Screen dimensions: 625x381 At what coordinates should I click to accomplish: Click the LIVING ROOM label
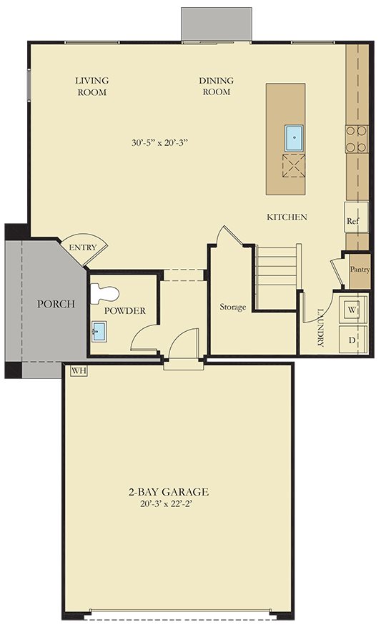point(91,87)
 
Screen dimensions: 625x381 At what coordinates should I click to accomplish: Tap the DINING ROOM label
point(216,87)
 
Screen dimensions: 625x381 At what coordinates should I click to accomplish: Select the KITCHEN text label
point(287,217)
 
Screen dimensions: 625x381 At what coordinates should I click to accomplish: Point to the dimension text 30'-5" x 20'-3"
point(164,142)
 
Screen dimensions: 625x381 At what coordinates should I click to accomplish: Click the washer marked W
point(352,310)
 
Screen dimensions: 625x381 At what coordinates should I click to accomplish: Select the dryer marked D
point(352,340)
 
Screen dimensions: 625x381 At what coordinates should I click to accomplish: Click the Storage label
point(233,307)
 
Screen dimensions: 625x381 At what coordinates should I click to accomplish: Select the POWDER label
point(125,311)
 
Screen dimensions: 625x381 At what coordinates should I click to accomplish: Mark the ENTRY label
point(83,247)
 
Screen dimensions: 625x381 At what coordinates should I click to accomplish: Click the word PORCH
point(56,304)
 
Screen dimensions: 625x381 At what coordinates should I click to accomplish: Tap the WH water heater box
point(77,371)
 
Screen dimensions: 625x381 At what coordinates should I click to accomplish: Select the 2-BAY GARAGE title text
point(169,492)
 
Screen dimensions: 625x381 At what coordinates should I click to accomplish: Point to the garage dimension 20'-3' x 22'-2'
point(169,503)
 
